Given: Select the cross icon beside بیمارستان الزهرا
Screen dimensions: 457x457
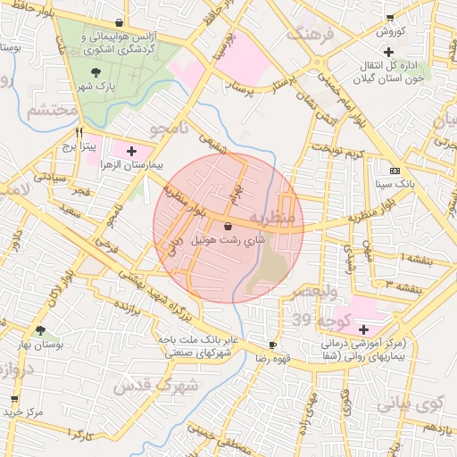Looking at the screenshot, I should point(131,152).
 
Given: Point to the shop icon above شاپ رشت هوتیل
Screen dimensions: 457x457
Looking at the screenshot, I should point(228,227).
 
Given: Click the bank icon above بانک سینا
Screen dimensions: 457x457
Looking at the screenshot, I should point(395,170).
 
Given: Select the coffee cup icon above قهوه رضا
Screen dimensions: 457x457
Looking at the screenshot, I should point(272,344).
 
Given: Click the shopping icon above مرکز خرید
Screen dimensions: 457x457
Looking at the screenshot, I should point(13,398).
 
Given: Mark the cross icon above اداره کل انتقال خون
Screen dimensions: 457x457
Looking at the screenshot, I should point(412,50).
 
